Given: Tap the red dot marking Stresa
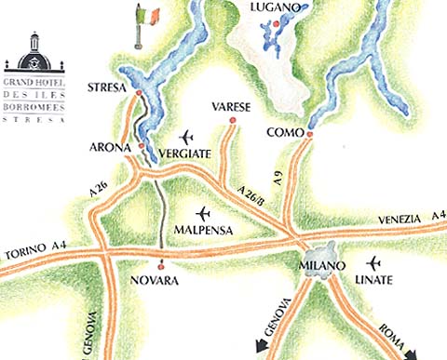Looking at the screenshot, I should coord(139,93).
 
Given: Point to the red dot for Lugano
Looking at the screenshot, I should coord(276,21).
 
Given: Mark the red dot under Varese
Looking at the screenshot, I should coord(231,119).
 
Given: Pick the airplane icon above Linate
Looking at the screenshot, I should coord(374,263).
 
